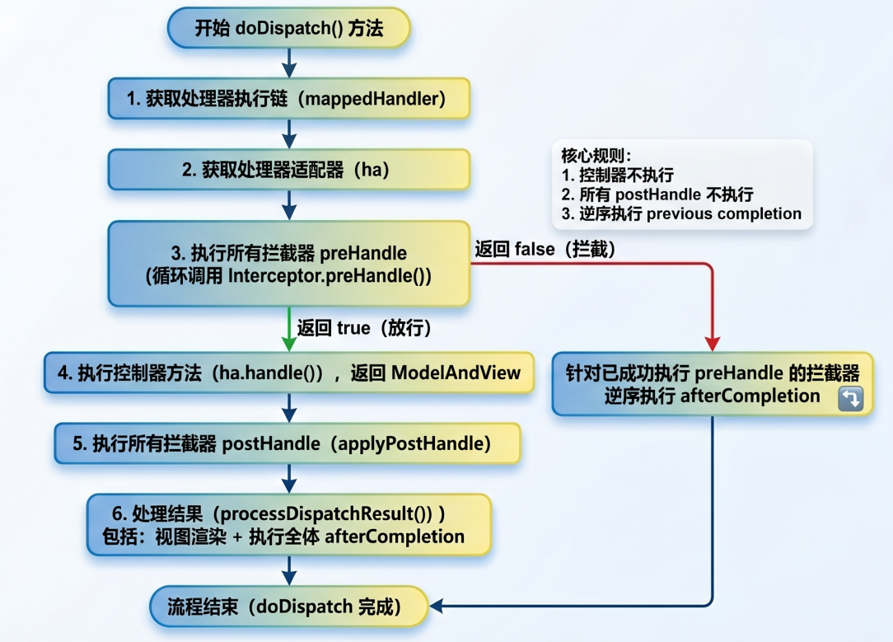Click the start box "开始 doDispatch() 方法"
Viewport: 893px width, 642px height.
click(x=288, y=28)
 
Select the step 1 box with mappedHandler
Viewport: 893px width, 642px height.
click(x=288, y=99)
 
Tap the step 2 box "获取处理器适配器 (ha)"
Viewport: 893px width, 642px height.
click(x=288, y=170)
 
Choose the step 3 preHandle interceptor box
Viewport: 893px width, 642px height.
click(x=288, y=264)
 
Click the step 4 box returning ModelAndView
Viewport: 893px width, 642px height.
click(x=288, y=373)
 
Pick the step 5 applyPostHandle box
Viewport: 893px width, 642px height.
click(x=288, y=443)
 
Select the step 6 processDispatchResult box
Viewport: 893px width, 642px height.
click(x=288, y=525)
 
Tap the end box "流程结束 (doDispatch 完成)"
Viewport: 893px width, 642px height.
click(x=288, y=607)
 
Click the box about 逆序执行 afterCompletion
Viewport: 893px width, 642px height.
click(x=713, y=383)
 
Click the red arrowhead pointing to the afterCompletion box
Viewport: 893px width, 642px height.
click(x=713, y=343)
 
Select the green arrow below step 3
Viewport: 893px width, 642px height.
click(x=288, y=328)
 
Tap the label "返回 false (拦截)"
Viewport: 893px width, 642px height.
click(x=545, y=248)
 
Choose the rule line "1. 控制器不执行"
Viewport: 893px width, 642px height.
click(x=617, y=175)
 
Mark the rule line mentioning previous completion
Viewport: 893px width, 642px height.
click(x=680, y=213)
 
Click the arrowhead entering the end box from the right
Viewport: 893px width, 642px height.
click(x=437, y=607)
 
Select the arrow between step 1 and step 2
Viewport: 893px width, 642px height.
click(x=288, y=134)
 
